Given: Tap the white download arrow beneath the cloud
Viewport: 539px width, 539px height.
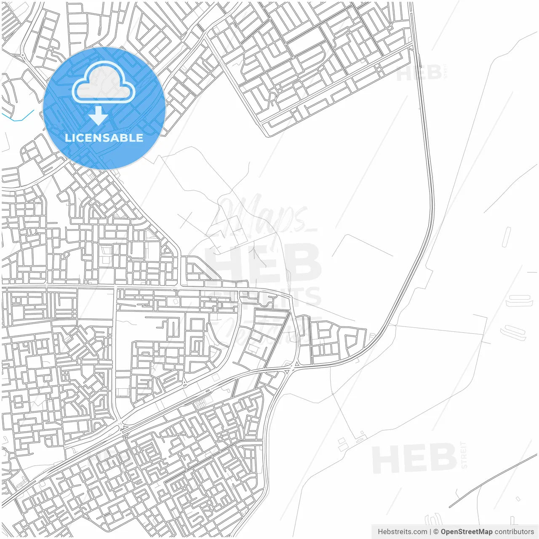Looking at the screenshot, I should tap(98, 116).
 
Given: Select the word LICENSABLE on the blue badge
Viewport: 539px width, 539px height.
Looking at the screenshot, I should tap(104, 138).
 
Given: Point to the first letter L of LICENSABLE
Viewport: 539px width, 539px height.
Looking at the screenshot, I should tap(68, 138).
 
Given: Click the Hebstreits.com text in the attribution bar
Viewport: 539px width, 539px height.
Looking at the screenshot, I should tap(402, 532).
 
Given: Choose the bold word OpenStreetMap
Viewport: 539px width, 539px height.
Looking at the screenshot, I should tap(466, 532).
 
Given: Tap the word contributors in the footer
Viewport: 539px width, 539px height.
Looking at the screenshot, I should tap(514, 532).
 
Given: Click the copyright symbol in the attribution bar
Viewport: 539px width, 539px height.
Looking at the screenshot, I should tap(436, 532).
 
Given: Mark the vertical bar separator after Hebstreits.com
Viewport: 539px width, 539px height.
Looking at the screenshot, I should tap(430, 532).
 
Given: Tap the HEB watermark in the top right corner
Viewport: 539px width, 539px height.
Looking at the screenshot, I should tap(419, 73).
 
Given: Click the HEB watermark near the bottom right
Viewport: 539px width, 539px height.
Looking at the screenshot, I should tap(415, 459).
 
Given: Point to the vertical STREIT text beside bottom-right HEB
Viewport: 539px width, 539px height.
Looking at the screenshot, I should tap(464, 455).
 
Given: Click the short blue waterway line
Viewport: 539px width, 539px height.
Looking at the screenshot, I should tap(19, 117).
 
